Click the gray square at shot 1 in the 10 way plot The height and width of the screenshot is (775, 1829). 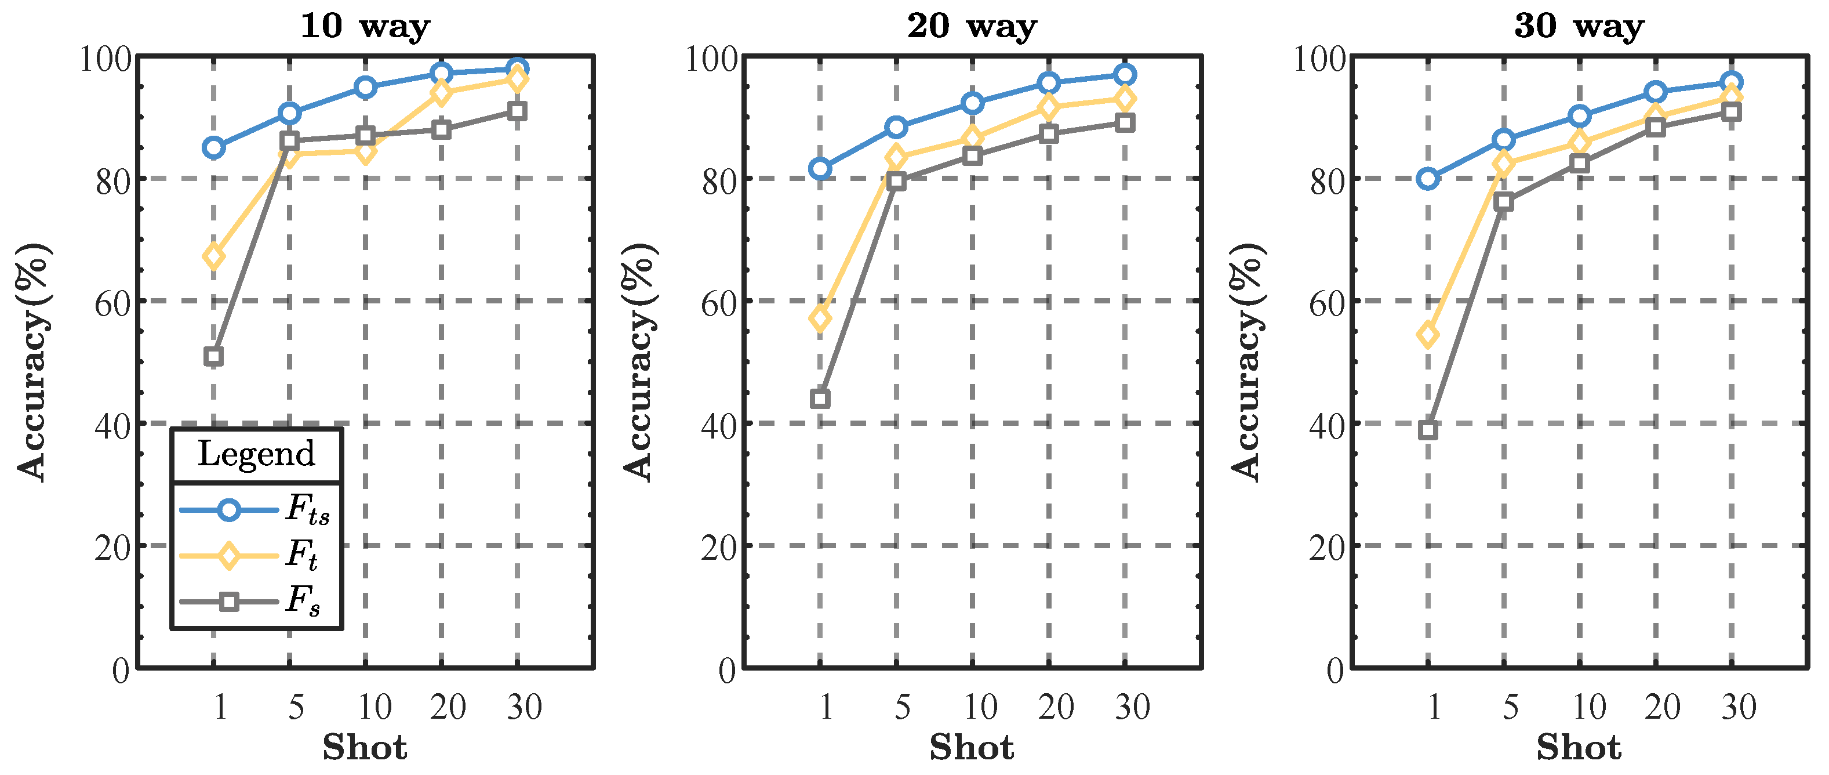[214, 356]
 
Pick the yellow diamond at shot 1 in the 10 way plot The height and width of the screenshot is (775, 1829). [214, 256]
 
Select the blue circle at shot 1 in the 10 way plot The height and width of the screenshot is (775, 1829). [214, 148]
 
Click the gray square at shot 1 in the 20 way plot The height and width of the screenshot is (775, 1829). [820, 399]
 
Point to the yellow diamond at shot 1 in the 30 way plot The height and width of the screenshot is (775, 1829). [1428, 335]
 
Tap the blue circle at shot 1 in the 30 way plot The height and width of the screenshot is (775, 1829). [1428, 178]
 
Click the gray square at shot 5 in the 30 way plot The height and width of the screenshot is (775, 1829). [1503, 202]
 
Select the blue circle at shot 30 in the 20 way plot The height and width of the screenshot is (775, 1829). [1124, 75]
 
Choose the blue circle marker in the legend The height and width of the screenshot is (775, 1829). [228, 509]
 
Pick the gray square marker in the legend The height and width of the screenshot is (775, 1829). [228, 602]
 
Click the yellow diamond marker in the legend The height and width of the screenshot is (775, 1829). [228, 556]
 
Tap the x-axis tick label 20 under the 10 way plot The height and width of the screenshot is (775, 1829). [448, 707]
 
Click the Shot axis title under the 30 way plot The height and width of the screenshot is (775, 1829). [1579, 748]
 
